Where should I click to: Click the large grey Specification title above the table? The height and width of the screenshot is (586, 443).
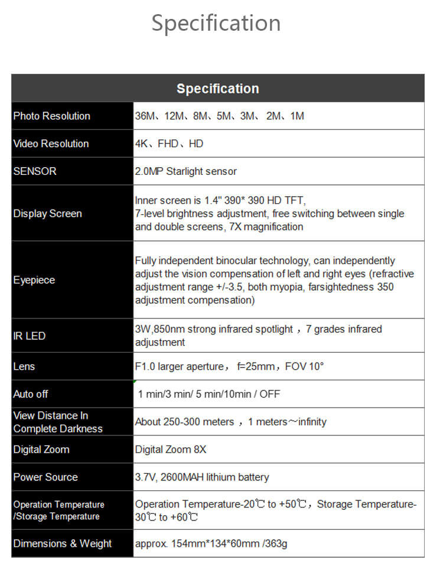click(x=216, y=24)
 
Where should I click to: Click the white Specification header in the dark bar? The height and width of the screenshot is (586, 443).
click(x=217, y=89)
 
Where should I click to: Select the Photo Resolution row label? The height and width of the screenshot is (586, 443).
click(x=52, y=116)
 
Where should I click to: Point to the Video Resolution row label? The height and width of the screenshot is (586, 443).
click(x=51, y=144)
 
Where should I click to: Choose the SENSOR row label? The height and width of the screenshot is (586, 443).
click(x=35, y=171)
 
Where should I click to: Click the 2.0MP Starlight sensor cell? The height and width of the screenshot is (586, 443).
click(x=185, y=171)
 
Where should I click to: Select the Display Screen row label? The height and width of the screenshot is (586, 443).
click(x=48, y=213)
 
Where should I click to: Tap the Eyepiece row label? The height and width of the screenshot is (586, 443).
click(x=34, y=280)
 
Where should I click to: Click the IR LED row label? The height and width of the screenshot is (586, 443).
click(x=30, y=336)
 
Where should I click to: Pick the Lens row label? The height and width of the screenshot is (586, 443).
click(x=24, y=367)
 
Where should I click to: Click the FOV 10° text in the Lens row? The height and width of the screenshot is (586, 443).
click(x=304, y=366)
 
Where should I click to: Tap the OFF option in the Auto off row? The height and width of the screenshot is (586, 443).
click(x=269, y=394)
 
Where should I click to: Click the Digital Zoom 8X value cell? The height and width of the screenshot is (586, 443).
click(x=171, y=450)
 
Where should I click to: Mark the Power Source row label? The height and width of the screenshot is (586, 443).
click(x=45, y=477)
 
